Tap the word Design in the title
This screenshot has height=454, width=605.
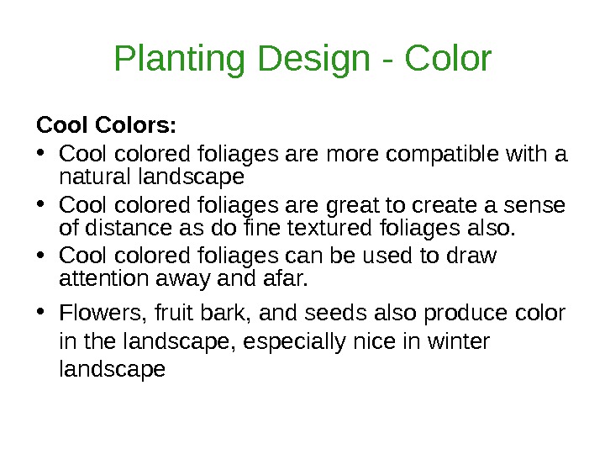coord(313,60)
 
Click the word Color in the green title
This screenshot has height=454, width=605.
coord(447,60)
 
